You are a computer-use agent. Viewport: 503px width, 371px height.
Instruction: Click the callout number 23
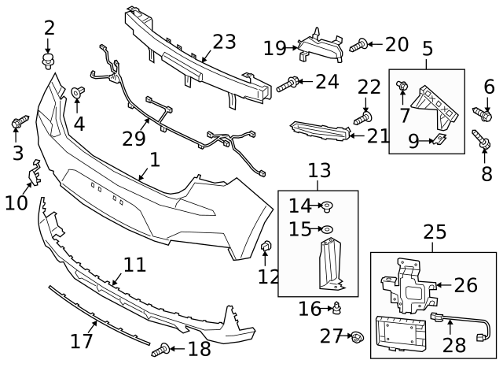[x=224, y=41]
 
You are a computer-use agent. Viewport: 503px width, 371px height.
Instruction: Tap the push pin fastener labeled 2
[x=50, y=58]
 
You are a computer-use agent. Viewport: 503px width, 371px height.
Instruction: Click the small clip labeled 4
[x=78, y=94]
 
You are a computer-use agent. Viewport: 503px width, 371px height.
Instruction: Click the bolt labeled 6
[x=480, y=114]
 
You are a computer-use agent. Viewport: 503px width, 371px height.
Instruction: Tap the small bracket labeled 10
[x=34, y=173]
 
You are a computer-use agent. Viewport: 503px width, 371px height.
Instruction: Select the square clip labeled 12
[x=266, y=249]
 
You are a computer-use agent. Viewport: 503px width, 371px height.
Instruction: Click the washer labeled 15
[x=329, y=229]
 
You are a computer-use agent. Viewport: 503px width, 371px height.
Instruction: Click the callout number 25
[x=435, y=232]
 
